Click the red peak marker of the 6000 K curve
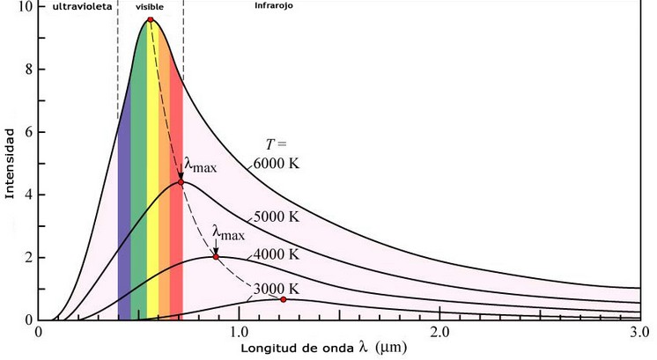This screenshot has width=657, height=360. (151, 19)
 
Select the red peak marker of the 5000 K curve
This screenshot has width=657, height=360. (181, 182)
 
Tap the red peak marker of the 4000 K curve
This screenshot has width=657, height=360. (216, 257)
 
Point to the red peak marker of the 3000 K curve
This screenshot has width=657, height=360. (284, 299)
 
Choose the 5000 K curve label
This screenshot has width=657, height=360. (276, 217)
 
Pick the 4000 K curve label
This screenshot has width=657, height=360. (276, 253)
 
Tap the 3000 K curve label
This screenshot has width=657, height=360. (276, 288)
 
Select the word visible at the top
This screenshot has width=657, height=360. (149, 6)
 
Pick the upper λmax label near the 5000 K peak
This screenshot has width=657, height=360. (199, 165)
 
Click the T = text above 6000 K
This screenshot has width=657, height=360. (277, 143)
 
